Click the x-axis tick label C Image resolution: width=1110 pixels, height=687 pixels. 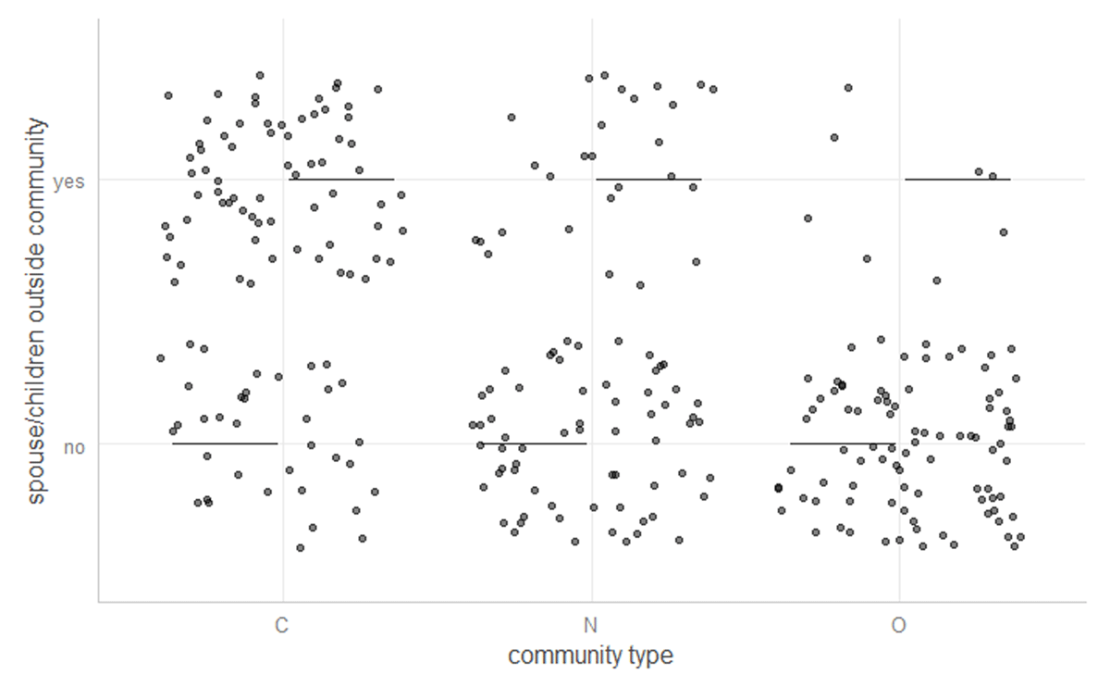(x=281, y=626)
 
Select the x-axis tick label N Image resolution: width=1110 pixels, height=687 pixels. (x=590, y=626)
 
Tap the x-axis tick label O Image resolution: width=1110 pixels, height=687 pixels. (x=898, y=626)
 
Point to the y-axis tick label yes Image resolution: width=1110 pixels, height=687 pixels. (x=68, y=182)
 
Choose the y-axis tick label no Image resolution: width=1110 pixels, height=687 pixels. (x=73, y=447)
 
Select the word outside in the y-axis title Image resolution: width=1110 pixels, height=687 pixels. (x=36, y=244)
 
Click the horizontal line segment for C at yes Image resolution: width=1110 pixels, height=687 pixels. (x=341, y=179)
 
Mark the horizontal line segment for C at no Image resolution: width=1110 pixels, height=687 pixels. (x=225, y=443)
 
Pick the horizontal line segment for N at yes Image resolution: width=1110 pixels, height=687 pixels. (x=648, y=179)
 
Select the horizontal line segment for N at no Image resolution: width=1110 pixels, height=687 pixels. (x=532, y=443)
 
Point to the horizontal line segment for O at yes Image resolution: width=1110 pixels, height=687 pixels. (x=957, y=179)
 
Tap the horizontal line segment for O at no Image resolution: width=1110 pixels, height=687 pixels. (x=843, y=443)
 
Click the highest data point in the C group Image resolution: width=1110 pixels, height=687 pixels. (x=260, y=75)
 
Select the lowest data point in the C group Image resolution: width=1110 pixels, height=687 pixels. (x=300, y=547)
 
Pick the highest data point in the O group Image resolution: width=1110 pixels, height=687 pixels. (x=847, y=88)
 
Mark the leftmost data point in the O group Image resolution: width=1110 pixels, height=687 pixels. (x=778, y=487)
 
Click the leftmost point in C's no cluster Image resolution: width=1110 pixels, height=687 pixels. (x=160, y=357)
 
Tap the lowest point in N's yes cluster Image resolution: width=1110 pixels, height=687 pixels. (x=639, y=285)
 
